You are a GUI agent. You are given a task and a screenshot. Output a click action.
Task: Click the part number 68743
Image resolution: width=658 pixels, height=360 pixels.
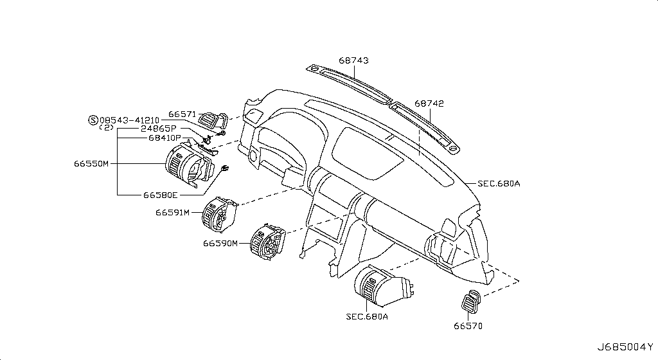[x=353, y=60]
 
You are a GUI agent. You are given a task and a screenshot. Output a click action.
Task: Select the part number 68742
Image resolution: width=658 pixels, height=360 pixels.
[x=429, y=103]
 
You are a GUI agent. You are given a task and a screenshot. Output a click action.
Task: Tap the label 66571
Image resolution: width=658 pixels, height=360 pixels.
[x=182, y=114]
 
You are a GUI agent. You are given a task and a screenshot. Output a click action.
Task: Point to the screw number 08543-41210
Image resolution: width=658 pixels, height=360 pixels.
[x=129, y=120]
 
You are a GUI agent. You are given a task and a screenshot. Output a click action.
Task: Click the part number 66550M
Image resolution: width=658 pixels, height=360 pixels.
[x=91, y=164]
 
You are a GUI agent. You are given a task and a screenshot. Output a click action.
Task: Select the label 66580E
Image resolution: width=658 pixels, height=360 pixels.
[x=161, y=195]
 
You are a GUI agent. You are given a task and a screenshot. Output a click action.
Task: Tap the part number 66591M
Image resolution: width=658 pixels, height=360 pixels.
[x=172, y=212]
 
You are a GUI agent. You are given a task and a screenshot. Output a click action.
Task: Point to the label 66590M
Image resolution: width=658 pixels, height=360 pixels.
[x=220, y=243]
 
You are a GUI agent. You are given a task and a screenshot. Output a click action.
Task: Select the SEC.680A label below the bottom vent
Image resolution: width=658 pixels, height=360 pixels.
[x=367, y=316]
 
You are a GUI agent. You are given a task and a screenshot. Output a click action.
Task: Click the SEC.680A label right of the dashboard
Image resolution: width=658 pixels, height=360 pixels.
[x=498, y=183]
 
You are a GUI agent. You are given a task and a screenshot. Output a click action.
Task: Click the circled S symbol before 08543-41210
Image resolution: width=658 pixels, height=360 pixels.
[x=93, y=120]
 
